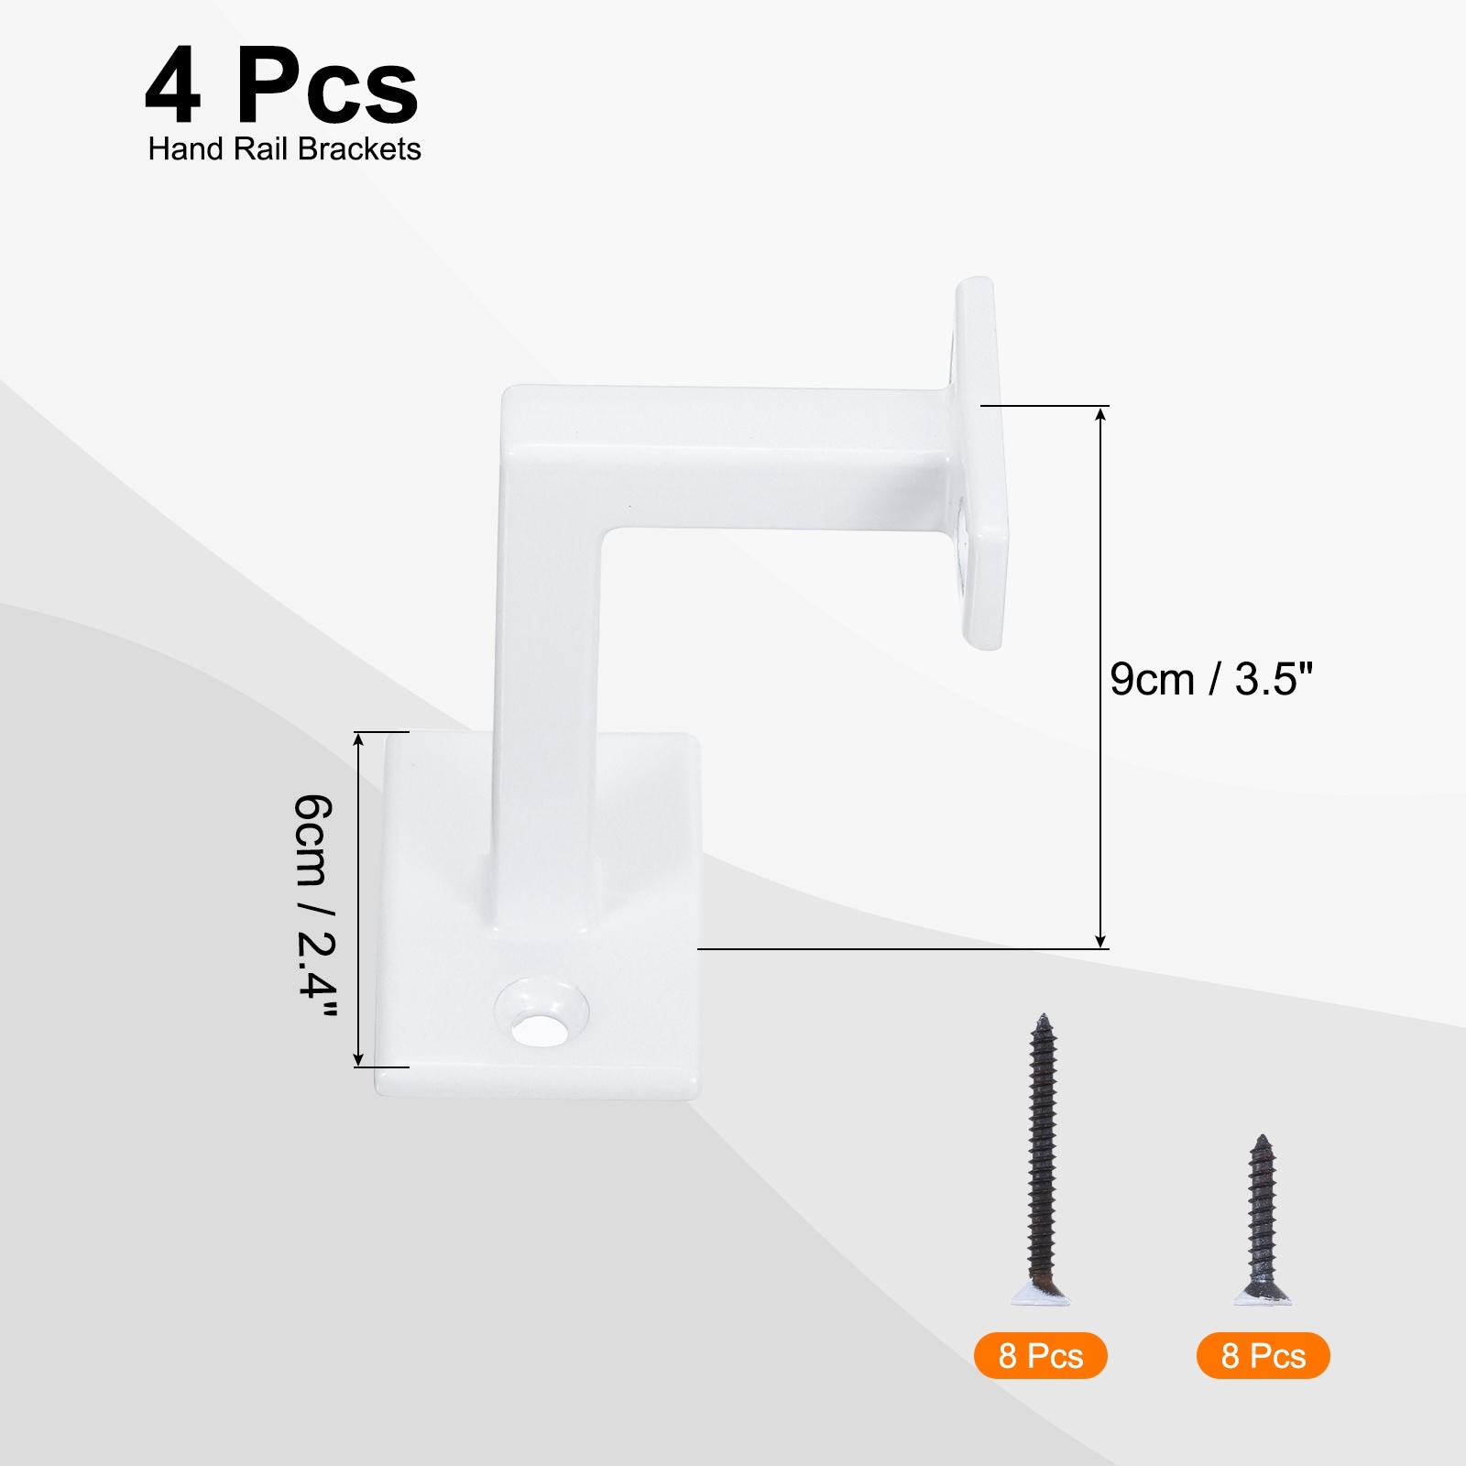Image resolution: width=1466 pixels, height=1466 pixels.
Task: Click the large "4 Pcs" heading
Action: coord(281,88)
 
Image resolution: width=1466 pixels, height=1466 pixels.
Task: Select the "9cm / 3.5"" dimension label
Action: coord(1211,680)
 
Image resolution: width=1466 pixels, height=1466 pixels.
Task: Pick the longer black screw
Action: coord(1041,1158)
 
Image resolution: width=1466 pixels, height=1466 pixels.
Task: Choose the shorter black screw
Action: coord(1263,1219)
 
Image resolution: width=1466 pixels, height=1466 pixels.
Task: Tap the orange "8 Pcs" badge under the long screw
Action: coord(1041,1356)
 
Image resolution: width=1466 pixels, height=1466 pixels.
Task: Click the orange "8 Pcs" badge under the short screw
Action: coord(1263,1356)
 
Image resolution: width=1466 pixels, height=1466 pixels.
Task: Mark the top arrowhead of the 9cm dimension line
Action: coord(1101,414)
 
